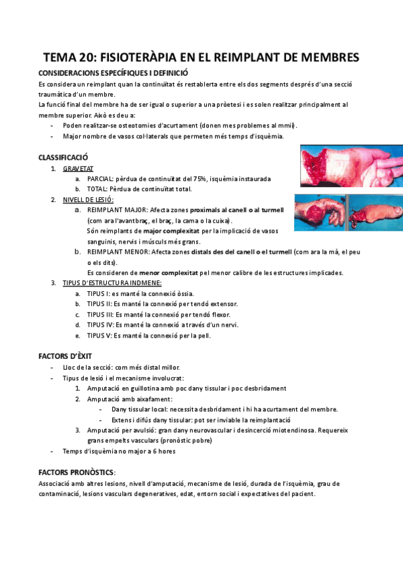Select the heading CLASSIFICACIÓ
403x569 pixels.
coord(64,157)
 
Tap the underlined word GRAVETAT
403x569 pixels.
coord(78,168)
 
